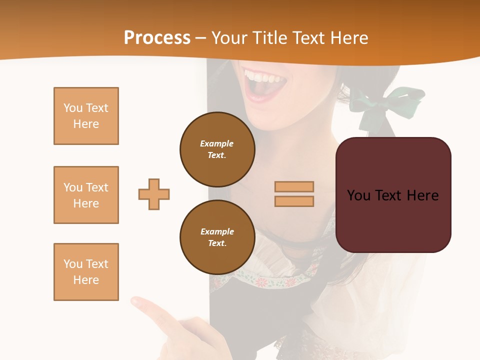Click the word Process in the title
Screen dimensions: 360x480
click(157, 38)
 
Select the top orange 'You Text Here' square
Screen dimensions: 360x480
click(86, 116)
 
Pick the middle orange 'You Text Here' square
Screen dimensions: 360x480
click(86, 195)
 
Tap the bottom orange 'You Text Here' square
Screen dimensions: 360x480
click(86, 272)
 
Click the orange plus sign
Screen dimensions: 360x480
click(154, 194)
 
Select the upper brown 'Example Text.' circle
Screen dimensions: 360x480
click(217, 149)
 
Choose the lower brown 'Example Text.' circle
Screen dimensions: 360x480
click(217, 237)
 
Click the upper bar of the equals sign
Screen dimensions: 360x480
click(294, 186)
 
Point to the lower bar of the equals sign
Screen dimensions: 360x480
click(294, 201)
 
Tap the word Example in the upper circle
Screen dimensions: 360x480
click(216, 143)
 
